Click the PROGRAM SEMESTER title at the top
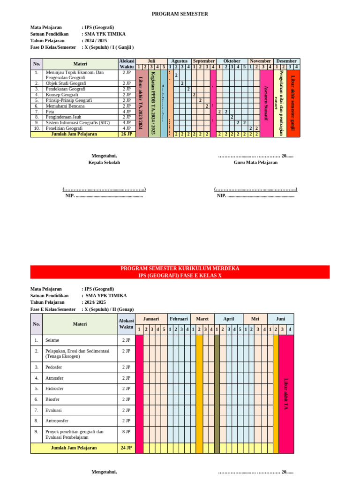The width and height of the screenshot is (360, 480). coord(180,14)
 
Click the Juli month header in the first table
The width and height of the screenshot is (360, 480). coord(151,61)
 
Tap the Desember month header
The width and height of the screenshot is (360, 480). coord(286,61)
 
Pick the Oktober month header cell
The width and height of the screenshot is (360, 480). coord(232,61)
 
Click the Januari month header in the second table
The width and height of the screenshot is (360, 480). coord(151,319)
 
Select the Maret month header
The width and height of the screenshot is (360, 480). coord(202,319)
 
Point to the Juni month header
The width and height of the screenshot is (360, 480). coord(280,319)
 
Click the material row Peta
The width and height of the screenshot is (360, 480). coord(50,112)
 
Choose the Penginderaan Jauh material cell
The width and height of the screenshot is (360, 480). coord(63,117)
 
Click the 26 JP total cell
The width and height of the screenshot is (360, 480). coord(127,134)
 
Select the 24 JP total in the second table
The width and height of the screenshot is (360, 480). coord(126,448)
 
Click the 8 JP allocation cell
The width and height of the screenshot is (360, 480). coord(126,432)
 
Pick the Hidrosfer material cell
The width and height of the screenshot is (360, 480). coord(54,389)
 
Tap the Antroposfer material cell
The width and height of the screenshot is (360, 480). coord(57,421)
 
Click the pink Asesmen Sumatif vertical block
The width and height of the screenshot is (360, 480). coord(266,103)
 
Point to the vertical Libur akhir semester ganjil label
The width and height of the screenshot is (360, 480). coord(293,103)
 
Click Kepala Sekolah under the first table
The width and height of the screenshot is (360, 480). coord(104,163)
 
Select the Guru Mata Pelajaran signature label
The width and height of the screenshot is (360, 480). coord(255,163)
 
